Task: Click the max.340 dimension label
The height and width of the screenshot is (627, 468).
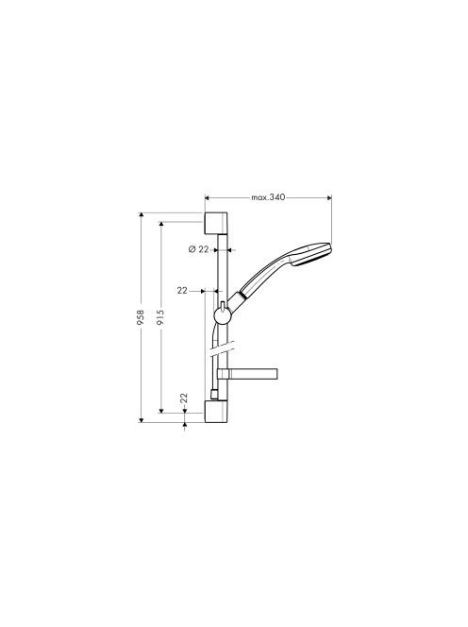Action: point(268,197)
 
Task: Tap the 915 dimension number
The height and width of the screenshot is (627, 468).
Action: point(160,317)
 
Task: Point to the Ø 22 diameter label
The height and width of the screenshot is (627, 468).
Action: point(199,249)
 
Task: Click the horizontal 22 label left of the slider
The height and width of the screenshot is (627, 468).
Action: point(182,291)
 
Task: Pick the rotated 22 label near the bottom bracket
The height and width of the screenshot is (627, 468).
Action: point(184,398)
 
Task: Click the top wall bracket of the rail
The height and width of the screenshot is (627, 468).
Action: point(216,223)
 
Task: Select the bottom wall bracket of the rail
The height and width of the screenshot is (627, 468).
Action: point(216,412)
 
